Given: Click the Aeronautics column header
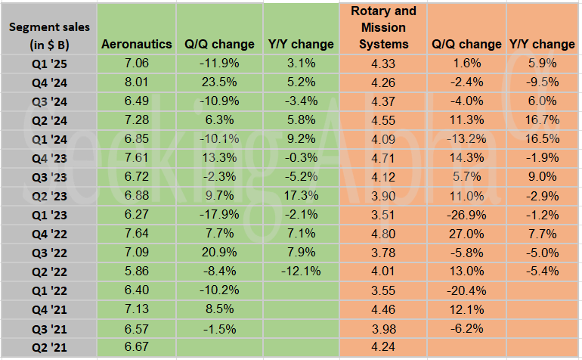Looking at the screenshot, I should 137,44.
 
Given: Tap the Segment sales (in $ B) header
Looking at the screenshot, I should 49,36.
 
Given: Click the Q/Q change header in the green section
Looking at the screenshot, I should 219,44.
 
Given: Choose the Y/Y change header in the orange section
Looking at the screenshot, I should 541,44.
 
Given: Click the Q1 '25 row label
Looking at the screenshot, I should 49,61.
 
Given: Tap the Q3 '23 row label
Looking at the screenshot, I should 49,176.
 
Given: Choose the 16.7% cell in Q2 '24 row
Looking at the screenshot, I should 541,119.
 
